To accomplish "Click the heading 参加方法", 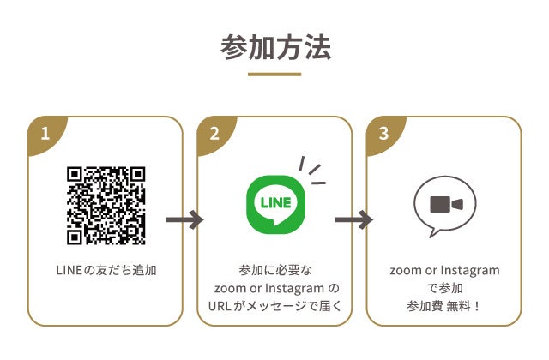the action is pos(274,47).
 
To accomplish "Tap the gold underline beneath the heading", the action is pos(274,75).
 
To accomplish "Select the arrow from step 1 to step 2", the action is pos(184,220).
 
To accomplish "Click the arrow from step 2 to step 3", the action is pos(353,220).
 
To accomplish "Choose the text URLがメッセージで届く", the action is pos(274,306).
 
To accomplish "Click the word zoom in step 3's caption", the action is pos(405,271).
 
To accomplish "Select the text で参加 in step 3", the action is pos(443,288).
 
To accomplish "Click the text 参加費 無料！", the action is pos(443,306).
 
